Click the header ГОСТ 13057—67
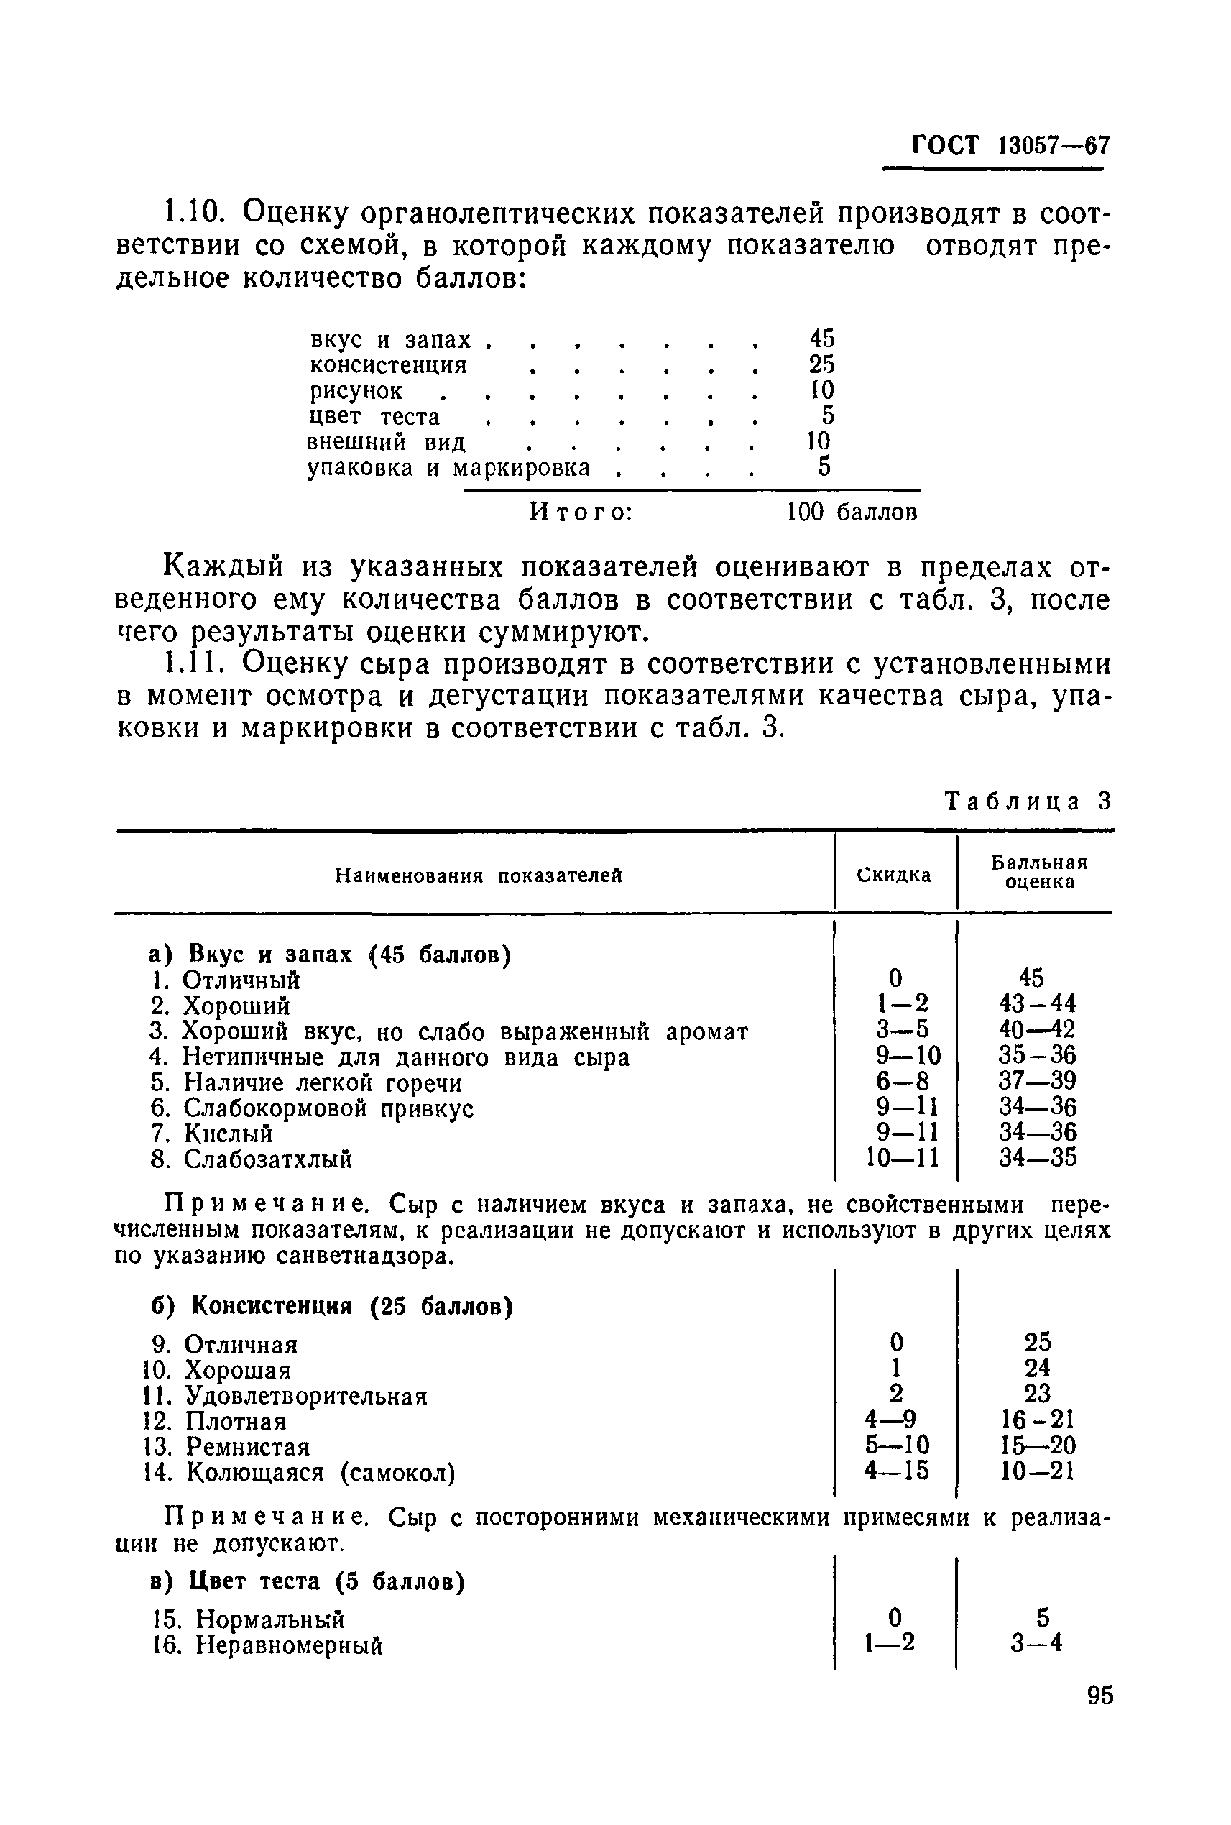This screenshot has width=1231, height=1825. click(x=1010, y=145)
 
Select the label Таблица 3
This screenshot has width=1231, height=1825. click(x=1028, y=801)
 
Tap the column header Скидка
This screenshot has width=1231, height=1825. click(x=894, y=875)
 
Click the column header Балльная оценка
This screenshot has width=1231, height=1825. click(x=1038, y=872)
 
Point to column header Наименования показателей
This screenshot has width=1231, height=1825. click(x=479, y=875)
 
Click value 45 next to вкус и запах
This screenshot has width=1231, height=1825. click(x=822, y=339)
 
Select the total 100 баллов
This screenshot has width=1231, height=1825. click(x=852, y=512)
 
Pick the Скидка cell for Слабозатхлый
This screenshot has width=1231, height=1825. click(x=902, y=1158)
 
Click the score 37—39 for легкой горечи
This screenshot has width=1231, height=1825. click(x=1038, y=1081)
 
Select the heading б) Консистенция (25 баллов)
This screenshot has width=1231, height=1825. click(x=331, y=1306)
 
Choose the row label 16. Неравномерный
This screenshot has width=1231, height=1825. click(x=267, y=1645)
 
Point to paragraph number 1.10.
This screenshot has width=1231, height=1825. click(x=190, y=212)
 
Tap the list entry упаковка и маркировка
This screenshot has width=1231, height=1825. click(x=448, y=468)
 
